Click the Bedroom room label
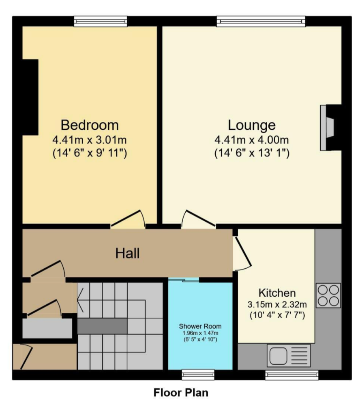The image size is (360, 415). [x=90, y=124]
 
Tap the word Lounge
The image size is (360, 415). [x=251, y=124]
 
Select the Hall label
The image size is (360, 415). [x=128, y=254]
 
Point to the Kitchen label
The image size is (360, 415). [x=277, y=293]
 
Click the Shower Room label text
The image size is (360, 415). [x=200, y=326]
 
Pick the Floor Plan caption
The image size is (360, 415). [x=181, y=392]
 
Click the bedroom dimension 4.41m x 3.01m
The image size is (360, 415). [x=90, y=141]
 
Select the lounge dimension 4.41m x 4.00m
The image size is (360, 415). [x=251, y=141]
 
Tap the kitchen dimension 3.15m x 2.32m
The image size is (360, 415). [x=277, y=304]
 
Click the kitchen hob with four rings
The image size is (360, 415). [x=328, y=295]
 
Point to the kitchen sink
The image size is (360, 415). [x=288, y=355]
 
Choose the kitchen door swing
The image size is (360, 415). [x=242, y=254]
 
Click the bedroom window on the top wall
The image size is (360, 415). [x=101, y=21]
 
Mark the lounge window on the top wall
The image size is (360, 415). [x=261, y=21]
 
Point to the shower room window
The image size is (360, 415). [x=198, y=375]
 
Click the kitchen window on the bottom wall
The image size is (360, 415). [x=291, y=375]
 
